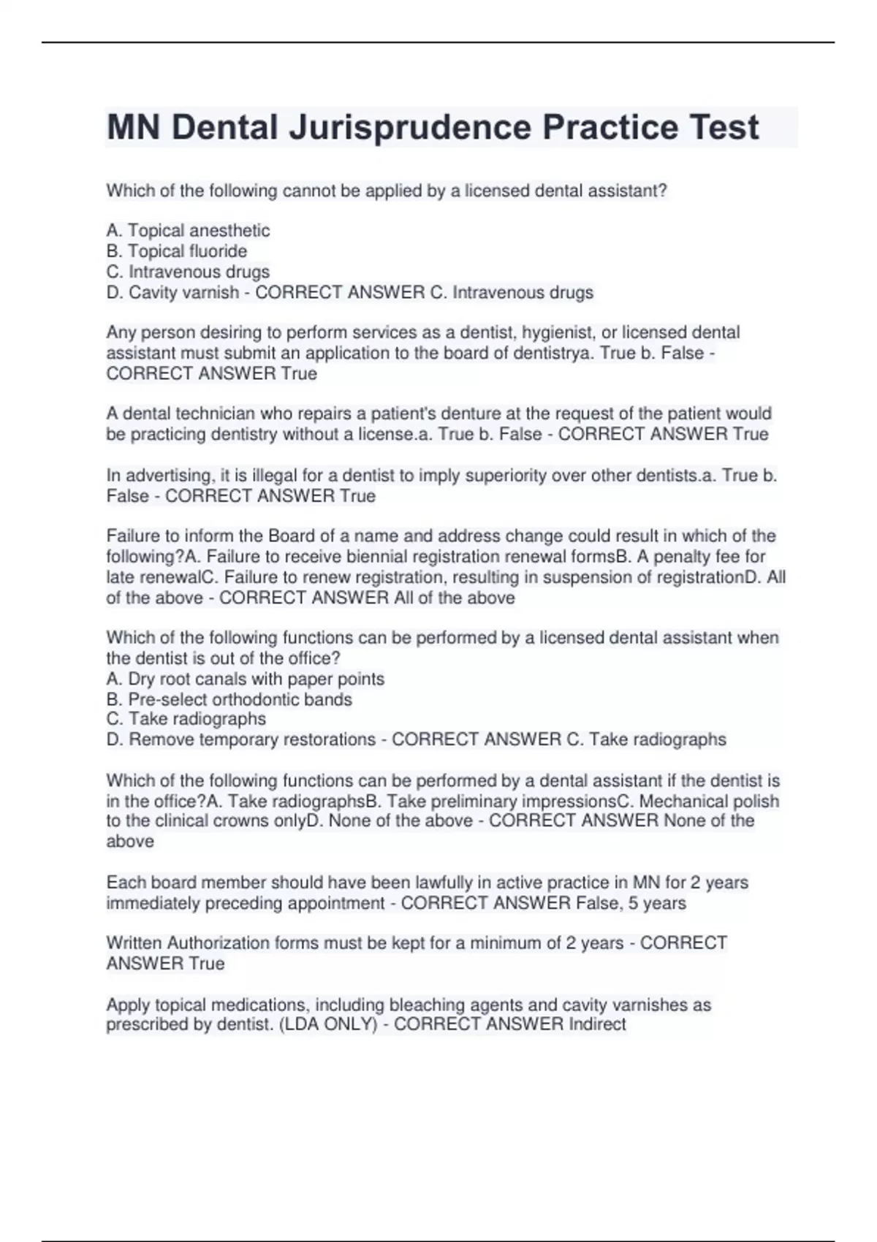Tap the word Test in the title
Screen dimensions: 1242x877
pyautogui.click(x=722, y=128)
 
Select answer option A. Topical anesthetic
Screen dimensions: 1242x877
pyautogui.click(x=188, y=231)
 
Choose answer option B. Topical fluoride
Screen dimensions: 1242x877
pyautogui.click(x=177, y=251)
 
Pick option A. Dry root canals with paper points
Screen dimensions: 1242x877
pyautogui.click(x=245, y=679)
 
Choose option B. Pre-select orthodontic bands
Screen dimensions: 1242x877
pyautogui.click(x=229, y=699)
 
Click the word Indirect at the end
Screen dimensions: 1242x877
pyautogui.click(x=597, y=1024)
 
